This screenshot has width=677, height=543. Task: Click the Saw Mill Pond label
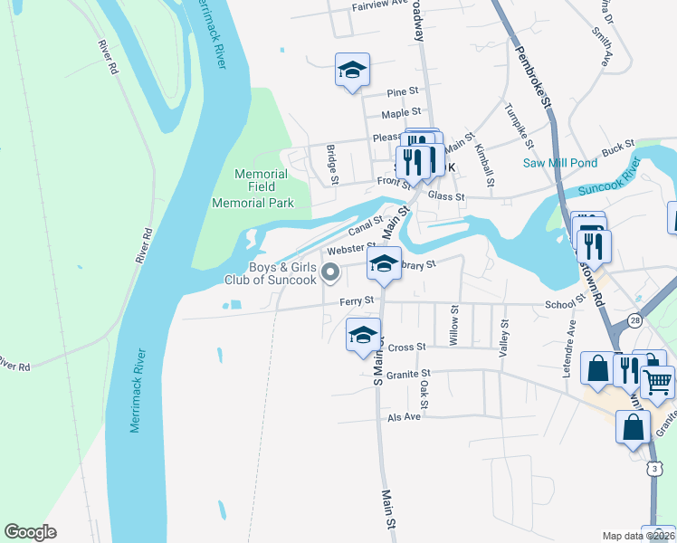(560, 163)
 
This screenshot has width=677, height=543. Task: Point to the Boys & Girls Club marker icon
(331, 271)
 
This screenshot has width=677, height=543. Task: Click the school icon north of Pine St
(352, 70)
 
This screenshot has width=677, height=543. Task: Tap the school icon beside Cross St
(363, 335)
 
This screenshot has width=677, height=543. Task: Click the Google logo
(31, 532)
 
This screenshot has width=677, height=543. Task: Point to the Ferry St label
(357, 300)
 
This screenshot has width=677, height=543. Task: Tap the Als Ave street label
(405, 416)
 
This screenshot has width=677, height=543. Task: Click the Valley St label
(503, 336)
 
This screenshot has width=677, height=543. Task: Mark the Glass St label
(446, 196)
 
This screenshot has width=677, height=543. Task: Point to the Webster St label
(351, 248)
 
